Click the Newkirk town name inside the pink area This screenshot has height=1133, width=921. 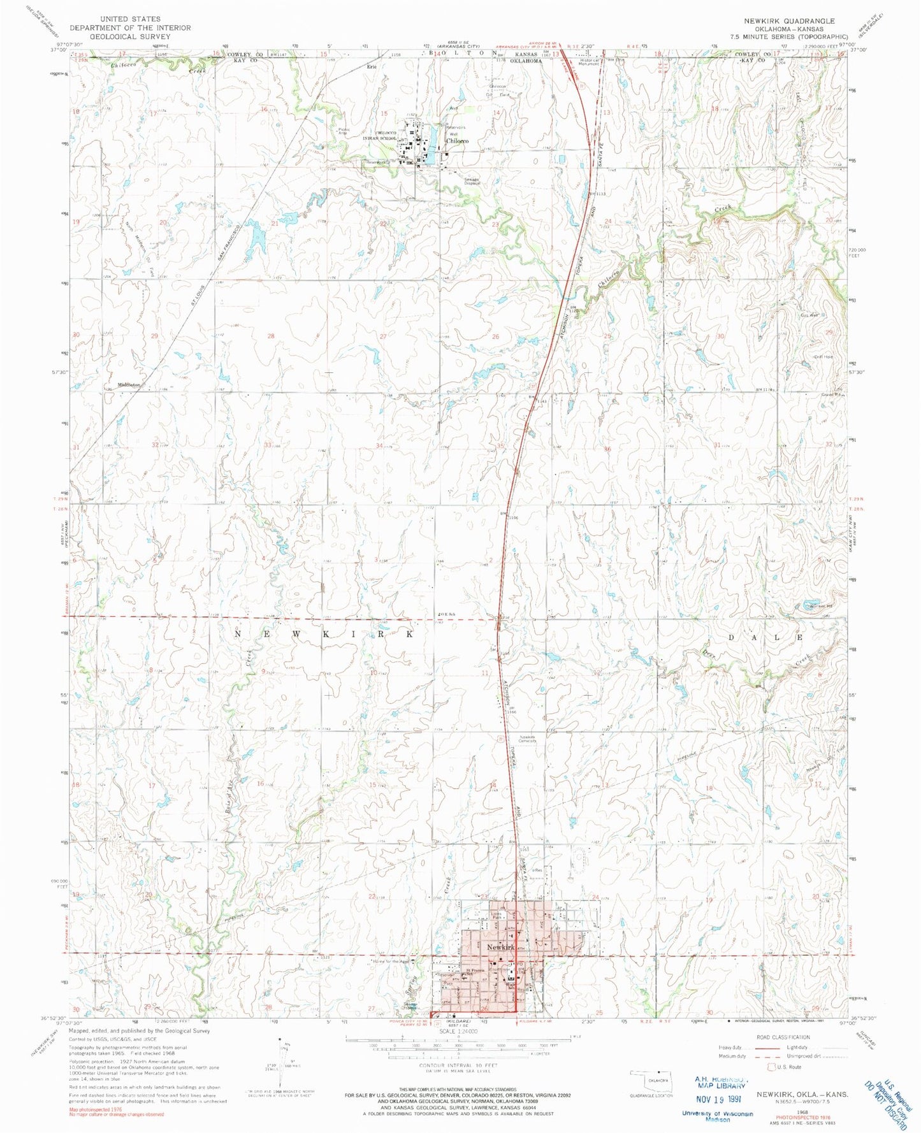(x=500, y=948)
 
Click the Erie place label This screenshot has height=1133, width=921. (x=372, y=66)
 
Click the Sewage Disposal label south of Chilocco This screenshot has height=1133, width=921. (x=472, y=181)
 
